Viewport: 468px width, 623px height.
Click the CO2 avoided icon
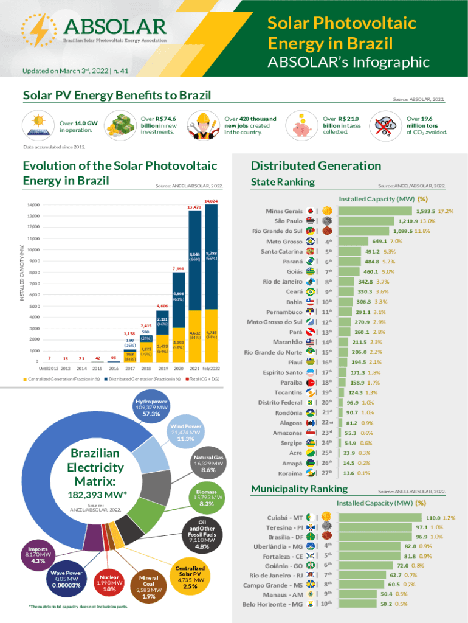pyautogui.click(x=385, y=124)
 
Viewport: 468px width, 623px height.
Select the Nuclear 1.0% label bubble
pyautogui.click(x=110, y=582)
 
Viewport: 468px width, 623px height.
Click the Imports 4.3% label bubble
pyautogui.click(x=38, y=555)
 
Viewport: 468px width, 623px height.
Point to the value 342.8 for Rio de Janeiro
pyautogui.click(x=365, y=282)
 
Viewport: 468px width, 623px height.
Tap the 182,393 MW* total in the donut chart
pyautogui.click(x=95, y=495)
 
